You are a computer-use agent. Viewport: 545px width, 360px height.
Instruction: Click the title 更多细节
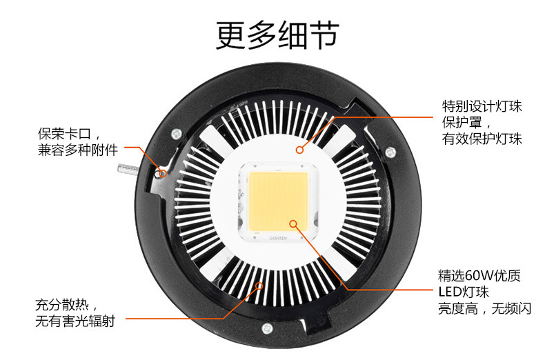(x=277, y=35)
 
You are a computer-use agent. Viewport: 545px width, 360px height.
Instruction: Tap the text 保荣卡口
(x=64, y=134)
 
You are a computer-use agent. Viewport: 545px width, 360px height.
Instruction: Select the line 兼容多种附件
(x=78, y=150)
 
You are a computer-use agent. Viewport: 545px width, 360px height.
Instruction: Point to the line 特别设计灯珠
(x=482, y=106)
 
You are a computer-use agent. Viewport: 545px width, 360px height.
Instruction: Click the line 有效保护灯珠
(x=482, y=139)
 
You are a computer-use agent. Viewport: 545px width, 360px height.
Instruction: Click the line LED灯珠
(x=464, y=292)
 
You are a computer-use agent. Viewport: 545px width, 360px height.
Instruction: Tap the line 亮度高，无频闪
(x=484, y=308)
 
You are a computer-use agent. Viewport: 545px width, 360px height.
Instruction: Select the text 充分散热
(x=61, y=305)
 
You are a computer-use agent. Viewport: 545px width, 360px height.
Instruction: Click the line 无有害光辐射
(x=75, y=321)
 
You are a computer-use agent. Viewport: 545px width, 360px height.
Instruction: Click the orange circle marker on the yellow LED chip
(x=294, y=223)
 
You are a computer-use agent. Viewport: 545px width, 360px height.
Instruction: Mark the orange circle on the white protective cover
(x=299, y=150)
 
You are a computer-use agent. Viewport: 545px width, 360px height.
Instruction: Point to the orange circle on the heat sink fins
(x=259, y=286)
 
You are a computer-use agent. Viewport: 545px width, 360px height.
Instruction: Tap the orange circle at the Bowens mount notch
(x=162, y=173)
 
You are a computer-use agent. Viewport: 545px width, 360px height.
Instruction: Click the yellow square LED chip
(x=279, y=201)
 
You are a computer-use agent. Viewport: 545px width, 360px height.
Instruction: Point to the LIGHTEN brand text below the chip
(x=279, y=239)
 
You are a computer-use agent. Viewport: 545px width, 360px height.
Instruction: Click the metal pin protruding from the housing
(x=128, y=169)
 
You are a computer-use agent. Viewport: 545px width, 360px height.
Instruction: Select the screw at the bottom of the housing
(x=267, y=328)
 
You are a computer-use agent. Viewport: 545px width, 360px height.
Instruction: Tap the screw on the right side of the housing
(x=390, y=152)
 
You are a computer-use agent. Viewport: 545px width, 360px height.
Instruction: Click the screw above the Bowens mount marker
(x=177, y=133)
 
